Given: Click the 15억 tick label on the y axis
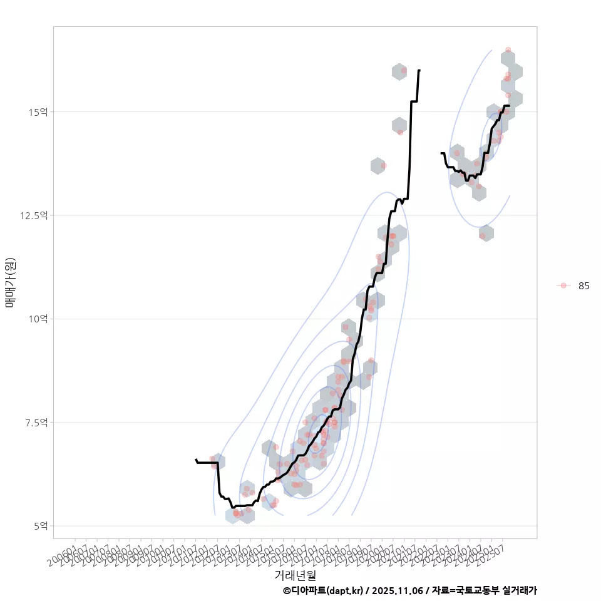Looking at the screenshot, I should [x=38, y=112].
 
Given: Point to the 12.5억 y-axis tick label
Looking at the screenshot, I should [x=34, y=215].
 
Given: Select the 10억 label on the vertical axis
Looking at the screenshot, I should [x=38, y=319].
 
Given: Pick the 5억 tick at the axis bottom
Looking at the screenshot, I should [x=40, y=526].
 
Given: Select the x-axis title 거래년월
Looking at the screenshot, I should [x=295, y=574].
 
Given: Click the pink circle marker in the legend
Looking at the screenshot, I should [x=563, y=285].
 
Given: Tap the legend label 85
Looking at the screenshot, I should [x=583, y=285].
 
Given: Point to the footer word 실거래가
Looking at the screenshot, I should [x=520, y=590].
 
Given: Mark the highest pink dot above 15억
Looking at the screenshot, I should [x=508, y=49].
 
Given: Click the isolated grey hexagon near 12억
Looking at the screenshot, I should [x=485, y=234].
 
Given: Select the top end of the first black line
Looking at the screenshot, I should [x=419, y=70].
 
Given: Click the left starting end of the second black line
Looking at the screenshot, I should [x=441, y=153].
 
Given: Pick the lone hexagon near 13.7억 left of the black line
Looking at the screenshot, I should [x=378, y=166].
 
